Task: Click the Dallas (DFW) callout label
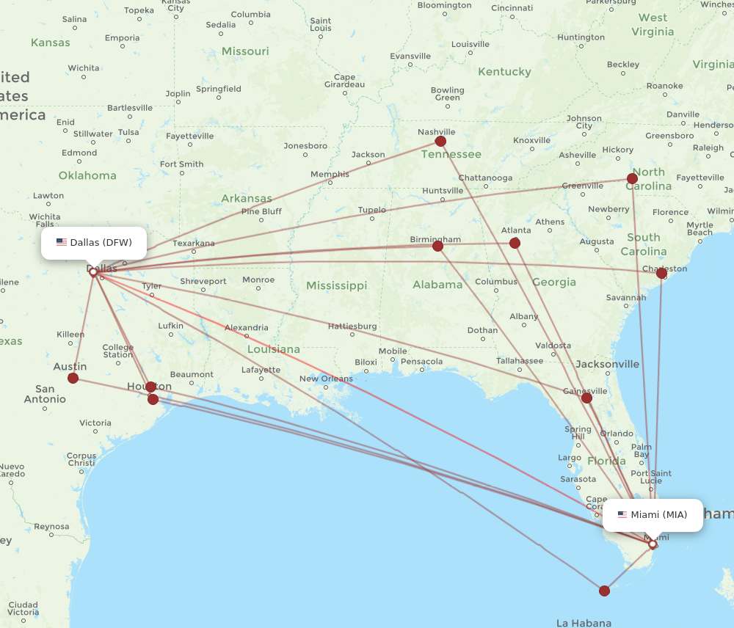pyautogui.click(x=94, y=243)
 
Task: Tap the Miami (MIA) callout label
pyautogui.click(x=653, y=515)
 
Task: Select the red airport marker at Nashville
pyautogui.click(x=440, y=141)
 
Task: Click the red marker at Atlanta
pyautogui.click(x=515, y=243)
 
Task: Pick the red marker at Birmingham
pyautogui.click(x=438, y=246)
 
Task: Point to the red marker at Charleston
pyautogui.click(x=661, y=273)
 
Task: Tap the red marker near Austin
pyautogui.click(x=73, y=378)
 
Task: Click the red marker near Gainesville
pyautogui.click(x=586, y=398)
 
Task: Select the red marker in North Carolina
pyautogui.click(x=632, y=178)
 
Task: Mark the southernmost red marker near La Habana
pyautogui.click(x=604, y=591)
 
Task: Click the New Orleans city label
pyautogui.click(x=326, y=379)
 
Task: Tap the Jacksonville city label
pyautogui.click(x=607, y=364)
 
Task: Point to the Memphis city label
pyautogui.click(x=330, y=174)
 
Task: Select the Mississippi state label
pyautogui.click(x=336, y=285)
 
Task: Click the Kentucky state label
pyautogui.click(x=504, y=72)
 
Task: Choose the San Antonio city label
pyautogui.click(x=45, y=394)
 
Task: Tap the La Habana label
pyautogui.click(x=584, y=623)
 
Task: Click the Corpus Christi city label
pyautogui.click(x=81, y=459)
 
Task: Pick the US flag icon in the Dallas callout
pyautogui.click(x=62, y=243)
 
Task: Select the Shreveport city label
pyautogui.click(x=203, y=281)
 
